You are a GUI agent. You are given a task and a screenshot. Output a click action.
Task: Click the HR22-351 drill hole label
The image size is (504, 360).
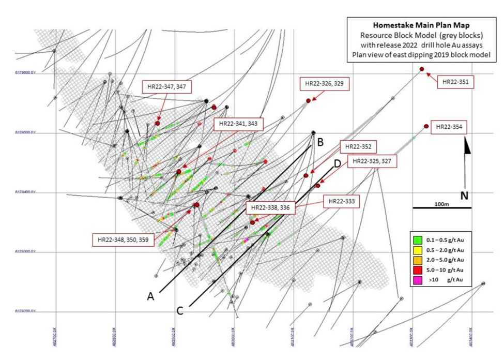pos(455,81)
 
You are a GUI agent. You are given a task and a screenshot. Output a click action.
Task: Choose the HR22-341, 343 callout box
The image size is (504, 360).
pos(238,124)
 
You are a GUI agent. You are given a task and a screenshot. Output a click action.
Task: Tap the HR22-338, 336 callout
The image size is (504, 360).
pos(271,207)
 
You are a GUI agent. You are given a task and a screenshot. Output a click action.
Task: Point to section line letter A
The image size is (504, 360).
pos(151,296)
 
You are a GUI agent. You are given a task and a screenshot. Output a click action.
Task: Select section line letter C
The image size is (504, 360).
pos(180,310)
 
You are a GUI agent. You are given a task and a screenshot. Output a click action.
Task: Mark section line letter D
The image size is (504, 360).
pos(337,164)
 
